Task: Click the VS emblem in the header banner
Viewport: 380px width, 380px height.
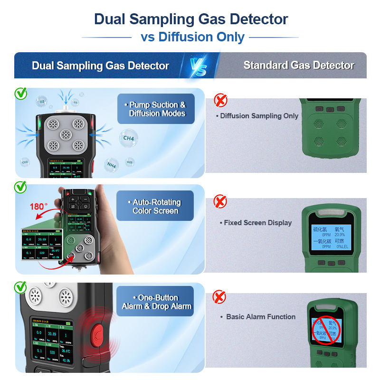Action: [198, 66]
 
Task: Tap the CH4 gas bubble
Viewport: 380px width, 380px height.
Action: [128, 139]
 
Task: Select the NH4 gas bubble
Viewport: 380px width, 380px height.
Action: [112, 165]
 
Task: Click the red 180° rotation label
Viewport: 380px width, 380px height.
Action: [39, 207]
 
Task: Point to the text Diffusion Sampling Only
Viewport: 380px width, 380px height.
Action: [259, 116]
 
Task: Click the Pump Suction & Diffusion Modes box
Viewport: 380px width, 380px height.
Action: [157, 109]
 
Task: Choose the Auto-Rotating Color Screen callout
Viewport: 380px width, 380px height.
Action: [155, 206]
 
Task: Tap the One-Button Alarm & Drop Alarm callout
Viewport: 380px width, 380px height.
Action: [156, 302]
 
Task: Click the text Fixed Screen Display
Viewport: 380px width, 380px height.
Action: [257, 222]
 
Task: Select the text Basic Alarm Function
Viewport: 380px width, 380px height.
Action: [260, 316]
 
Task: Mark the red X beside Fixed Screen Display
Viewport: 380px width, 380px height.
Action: [220, 201]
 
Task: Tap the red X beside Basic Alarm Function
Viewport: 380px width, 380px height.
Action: [219, 298]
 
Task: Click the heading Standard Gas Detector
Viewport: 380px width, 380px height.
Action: [299, 66]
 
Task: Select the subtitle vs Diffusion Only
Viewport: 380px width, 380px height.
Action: [192, 37]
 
